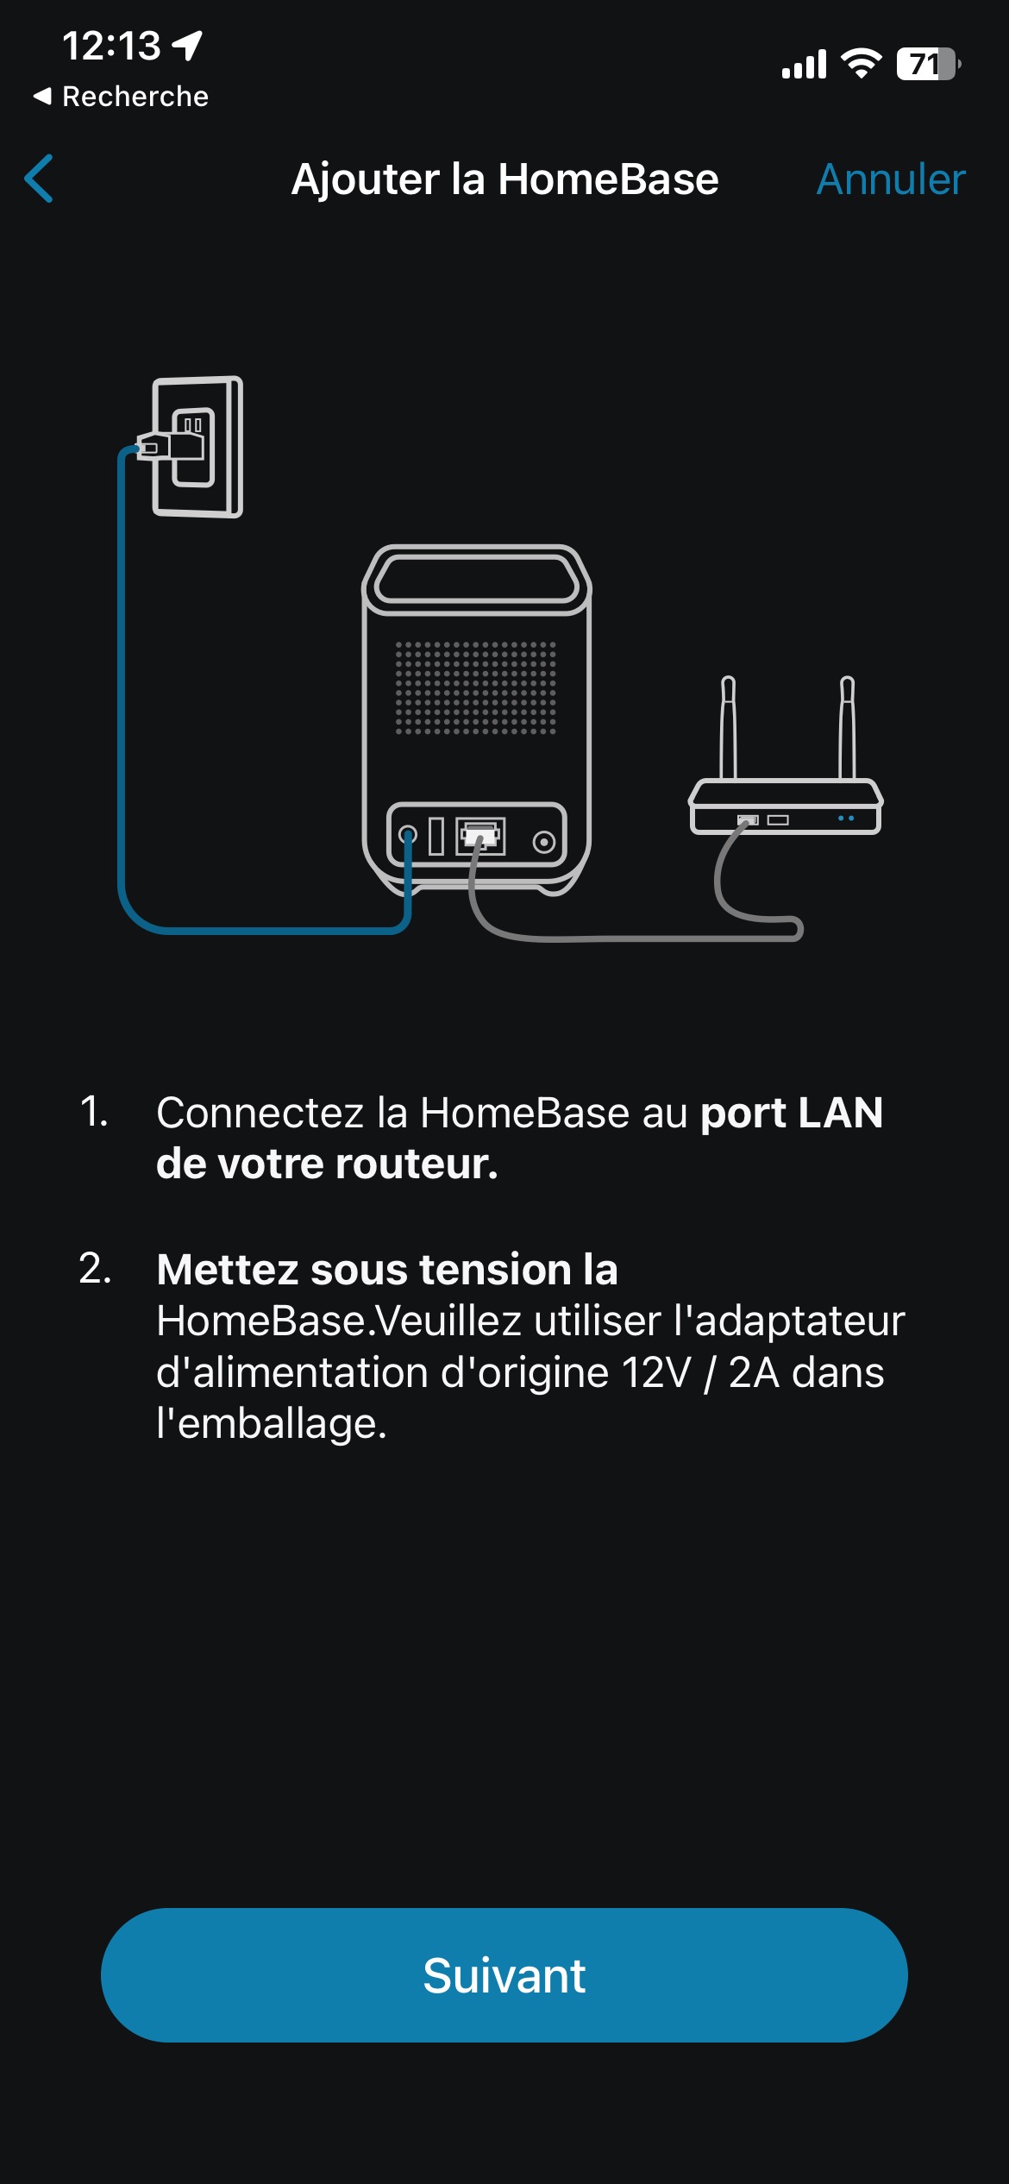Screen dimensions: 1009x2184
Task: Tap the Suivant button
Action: point(504,1974)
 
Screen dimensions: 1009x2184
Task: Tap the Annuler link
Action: point(891,179)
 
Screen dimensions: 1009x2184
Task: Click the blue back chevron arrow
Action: point(40,179)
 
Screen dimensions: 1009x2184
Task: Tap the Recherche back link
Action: point(122,96)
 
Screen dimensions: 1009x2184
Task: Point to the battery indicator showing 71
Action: point(929,64)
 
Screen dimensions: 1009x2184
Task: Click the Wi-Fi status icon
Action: point(861,64)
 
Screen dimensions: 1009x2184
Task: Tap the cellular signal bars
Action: point(804,65)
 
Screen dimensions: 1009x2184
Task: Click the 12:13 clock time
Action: point(111,46)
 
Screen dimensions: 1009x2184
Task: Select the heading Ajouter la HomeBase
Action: point(504,179)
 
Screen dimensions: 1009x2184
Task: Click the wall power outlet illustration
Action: point(198,447)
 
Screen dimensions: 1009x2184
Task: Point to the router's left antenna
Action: point(729,727)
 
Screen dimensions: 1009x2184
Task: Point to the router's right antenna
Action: point(848,727)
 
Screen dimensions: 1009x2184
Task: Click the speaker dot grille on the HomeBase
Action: point(476,687)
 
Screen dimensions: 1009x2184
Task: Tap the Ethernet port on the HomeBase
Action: point(480,835)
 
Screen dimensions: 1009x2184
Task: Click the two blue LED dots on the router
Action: point(846,818)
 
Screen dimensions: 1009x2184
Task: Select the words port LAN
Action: point(792,1113)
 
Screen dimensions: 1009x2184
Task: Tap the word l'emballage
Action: point(272,1424)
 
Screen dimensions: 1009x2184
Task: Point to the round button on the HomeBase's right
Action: point(544,842)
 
